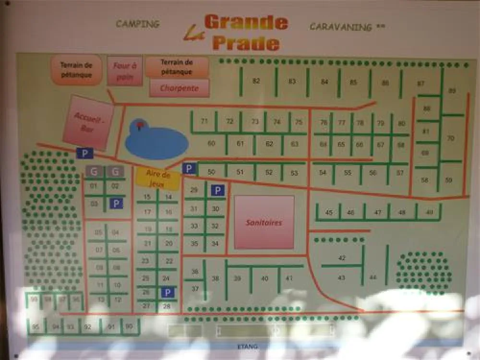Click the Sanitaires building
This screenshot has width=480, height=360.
264,222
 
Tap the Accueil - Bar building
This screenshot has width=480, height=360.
88,122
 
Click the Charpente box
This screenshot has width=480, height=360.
180,88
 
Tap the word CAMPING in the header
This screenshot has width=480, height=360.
137,24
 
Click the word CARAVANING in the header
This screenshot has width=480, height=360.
341,26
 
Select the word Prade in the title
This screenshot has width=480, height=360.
245,43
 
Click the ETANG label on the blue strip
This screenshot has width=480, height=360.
247,346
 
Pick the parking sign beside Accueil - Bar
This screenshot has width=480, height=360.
85,153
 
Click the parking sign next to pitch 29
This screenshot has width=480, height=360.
217,191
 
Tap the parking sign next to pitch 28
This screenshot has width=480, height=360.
167,292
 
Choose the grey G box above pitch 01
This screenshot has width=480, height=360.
94,171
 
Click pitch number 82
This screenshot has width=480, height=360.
256,81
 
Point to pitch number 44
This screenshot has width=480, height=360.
373,277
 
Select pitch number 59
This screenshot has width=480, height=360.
449,180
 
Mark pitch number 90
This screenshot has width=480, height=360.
129,326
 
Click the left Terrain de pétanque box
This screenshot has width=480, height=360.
76,70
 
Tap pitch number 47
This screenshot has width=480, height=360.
378,212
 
